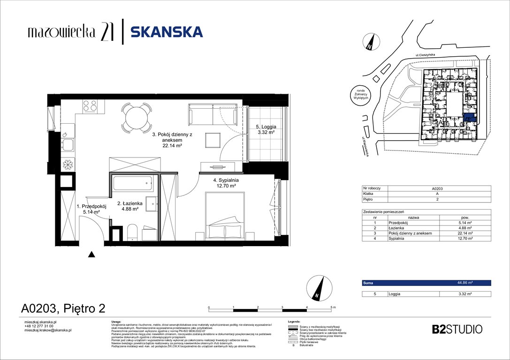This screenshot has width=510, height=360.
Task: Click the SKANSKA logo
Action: coord(167,32)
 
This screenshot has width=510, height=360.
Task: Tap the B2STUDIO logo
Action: coord(457,329)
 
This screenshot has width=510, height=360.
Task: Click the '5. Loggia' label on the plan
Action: coord(266,127)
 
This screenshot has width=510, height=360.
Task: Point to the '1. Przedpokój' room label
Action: coord(91,206)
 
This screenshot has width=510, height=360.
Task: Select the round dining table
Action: coord(135,118)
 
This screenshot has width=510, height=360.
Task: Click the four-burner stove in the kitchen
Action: coord(90,106)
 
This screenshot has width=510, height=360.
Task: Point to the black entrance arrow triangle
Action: coord(92,255)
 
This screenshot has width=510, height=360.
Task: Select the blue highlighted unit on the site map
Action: coord(469,119)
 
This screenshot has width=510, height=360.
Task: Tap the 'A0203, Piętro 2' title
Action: coord(63,308)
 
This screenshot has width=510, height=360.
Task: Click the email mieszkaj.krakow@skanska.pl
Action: coord(47,330)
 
